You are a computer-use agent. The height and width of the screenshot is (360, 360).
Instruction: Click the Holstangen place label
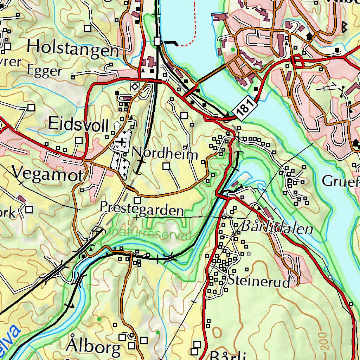tap(73, 48)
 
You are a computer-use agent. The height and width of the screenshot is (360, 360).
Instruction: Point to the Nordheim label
tap(165, 153)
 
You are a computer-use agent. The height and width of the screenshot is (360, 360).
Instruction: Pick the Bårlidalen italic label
tap(277, 227)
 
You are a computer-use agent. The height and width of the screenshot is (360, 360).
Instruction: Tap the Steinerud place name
tap(259, 281)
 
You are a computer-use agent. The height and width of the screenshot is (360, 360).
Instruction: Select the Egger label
tap(44, 71)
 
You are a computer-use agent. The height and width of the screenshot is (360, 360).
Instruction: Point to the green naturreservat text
tap(151, 234)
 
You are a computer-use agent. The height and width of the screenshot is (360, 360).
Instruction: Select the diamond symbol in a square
tap(134, 86)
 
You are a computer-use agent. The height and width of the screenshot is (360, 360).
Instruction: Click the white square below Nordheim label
tap(166, 166)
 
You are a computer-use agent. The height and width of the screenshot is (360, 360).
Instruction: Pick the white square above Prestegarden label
tap(137, 201)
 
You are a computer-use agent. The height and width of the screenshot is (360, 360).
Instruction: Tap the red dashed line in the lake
tap(190, 39)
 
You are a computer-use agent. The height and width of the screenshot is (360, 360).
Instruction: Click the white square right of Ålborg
tap(132, 346)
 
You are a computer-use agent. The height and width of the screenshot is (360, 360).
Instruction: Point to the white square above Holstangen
tap(87, 28)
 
